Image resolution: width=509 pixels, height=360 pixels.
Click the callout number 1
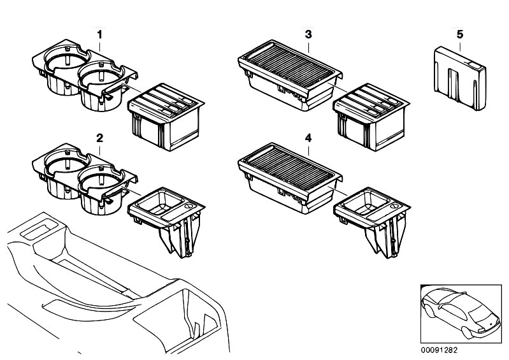click(99, 32)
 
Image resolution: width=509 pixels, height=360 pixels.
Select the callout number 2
click(99, 138)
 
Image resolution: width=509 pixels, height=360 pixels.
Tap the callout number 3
click(308, 32)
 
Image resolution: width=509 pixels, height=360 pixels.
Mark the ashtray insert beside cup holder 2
click(167, 217)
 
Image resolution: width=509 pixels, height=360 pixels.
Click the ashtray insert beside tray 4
click(371, 217)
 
